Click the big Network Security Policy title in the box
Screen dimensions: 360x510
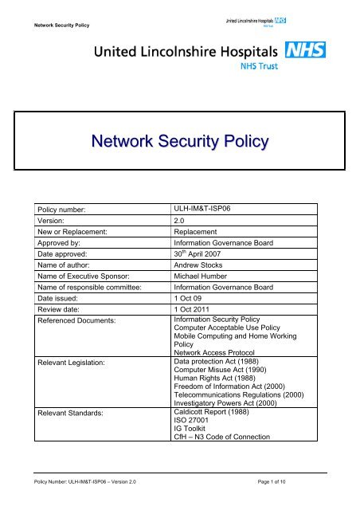tap(179, 142)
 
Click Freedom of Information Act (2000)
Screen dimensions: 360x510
tap(236, 436)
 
